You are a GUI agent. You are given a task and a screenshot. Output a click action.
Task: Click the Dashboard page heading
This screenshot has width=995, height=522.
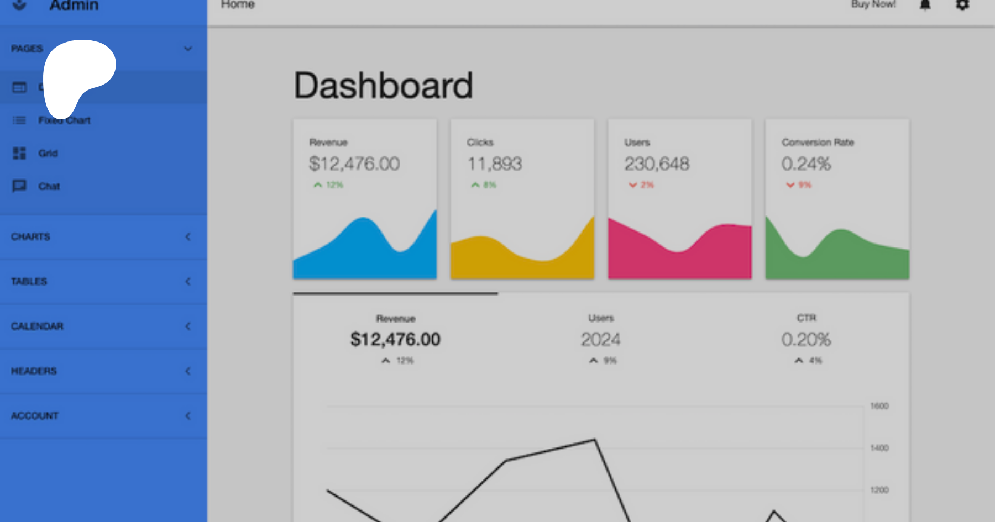(383, 86)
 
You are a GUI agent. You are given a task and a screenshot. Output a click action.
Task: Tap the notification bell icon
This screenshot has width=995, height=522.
(925, 5)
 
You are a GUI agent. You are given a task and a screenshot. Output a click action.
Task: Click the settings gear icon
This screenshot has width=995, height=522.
(962, 5)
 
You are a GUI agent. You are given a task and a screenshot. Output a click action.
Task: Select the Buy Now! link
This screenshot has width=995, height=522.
(873, 4)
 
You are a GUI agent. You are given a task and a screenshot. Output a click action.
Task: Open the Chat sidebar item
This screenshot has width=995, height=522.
(49, 186)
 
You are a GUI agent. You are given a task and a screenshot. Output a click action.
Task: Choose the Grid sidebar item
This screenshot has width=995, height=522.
(48, 153)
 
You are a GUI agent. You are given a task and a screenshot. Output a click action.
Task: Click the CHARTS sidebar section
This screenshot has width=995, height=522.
(31, 236)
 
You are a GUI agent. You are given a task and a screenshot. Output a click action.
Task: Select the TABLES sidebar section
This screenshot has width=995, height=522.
(29, 281)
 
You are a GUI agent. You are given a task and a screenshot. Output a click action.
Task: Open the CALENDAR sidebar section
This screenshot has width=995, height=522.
(38, 326)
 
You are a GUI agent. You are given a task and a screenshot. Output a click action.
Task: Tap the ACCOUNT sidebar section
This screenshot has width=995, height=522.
(35, 415)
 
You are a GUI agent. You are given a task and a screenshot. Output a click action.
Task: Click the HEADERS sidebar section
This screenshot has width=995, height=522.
(34, 371)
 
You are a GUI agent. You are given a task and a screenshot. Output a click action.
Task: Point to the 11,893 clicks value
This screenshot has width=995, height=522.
(495, 164)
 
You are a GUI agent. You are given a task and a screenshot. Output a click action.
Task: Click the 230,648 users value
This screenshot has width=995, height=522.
(657, 164)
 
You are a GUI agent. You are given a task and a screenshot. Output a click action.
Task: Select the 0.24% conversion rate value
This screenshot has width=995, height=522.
(806, 164)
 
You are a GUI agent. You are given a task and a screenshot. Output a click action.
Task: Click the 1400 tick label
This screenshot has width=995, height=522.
(879, 448)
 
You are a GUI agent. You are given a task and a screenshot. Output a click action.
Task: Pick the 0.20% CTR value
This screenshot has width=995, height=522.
(806, 339)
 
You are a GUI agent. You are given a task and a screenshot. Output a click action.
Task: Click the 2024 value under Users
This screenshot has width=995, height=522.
(600, 339)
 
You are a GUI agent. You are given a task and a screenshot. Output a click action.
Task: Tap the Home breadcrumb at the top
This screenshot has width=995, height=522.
(238, 4)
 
